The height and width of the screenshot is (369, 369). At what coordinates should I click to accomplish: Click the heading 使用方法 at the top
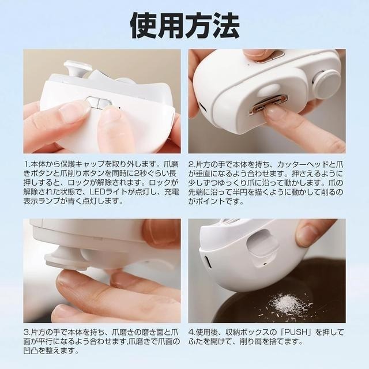[x=184, y=25]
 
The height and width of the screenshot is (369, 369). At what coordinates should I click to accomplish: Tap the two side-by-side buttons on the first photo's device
[x=99, y=103]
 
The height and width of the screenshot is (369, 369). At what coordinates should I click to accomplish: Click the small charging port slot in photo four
[x=207, y=263]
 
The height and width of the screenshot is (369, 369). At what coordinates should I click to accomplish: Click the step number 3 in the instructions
[x=27, y=333]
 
